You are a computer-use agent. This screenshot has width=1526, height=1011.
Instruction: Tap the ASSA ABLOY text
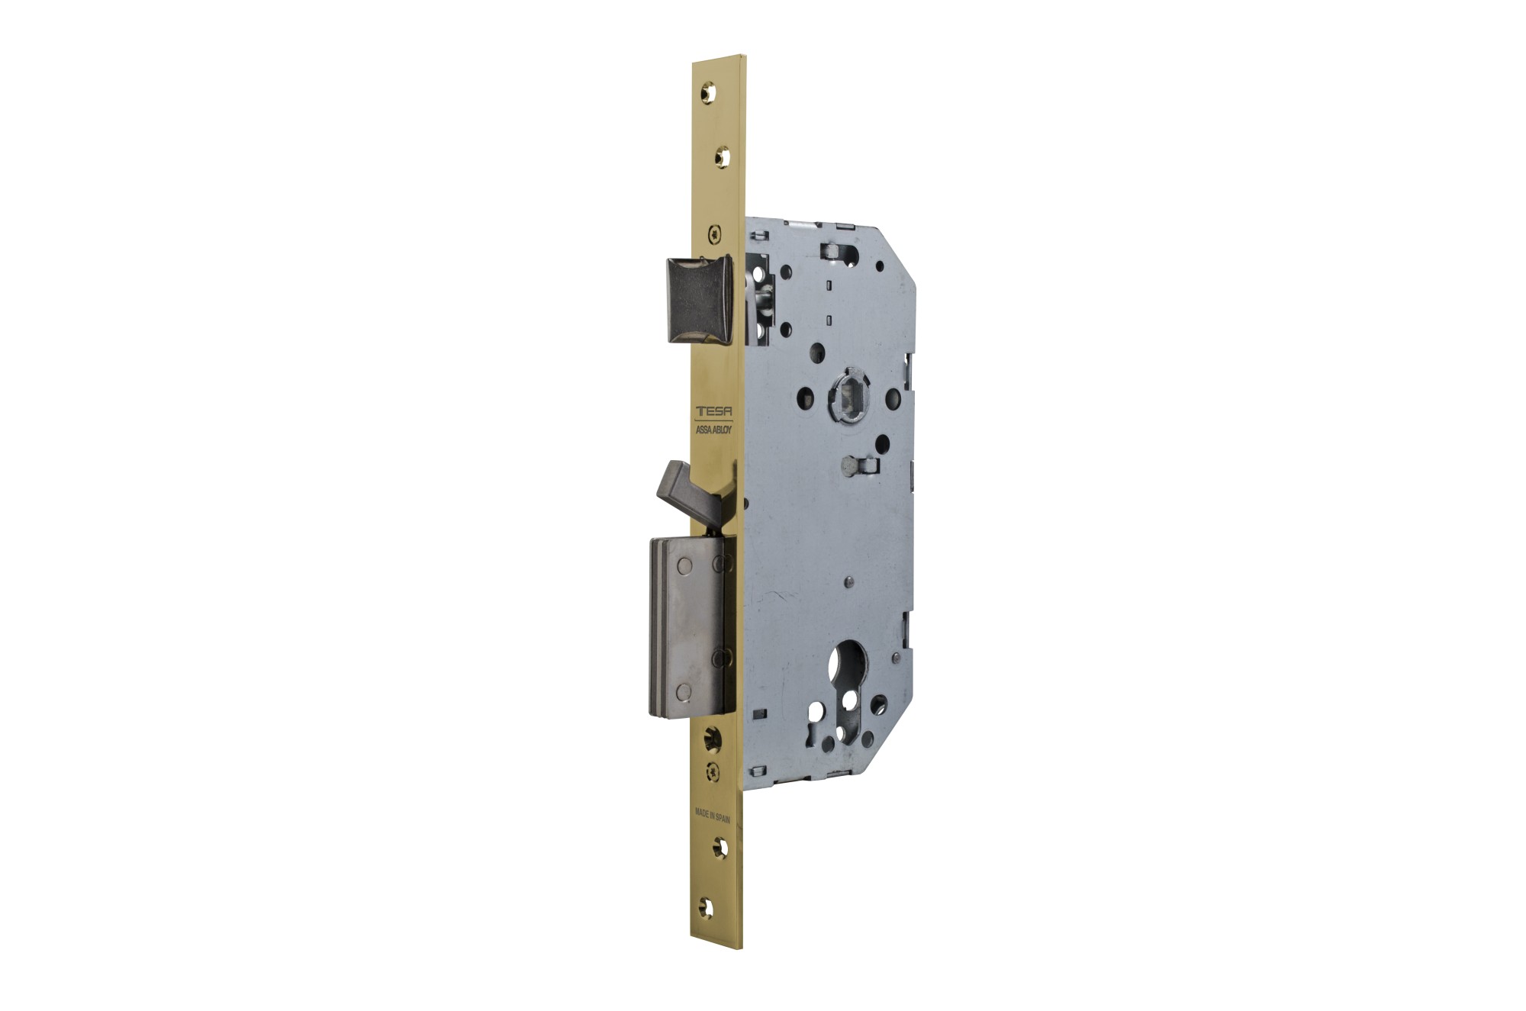[714, 430]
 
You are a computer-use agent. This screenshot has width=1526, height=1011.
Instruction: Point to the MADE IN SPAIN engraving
[713, 816]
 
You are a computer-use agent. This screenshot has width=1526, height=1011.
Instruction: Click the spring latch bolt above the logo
[700, 299]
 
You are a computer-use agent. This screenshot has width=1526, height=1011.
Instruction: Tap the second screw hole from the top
[721, 157]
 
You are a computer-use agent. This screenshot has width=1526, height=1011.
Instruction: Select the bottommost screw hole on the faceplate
[707, 908]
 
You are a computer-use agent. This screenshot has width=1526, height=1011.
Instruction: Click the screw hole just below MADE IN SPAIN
[719, 845]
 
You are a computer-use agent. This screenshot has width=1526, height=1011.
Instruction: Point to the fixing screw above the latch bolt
[713, 233]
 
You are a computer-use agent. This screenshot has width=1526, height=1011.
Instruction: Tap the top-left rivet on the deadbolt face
[684, 565]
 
